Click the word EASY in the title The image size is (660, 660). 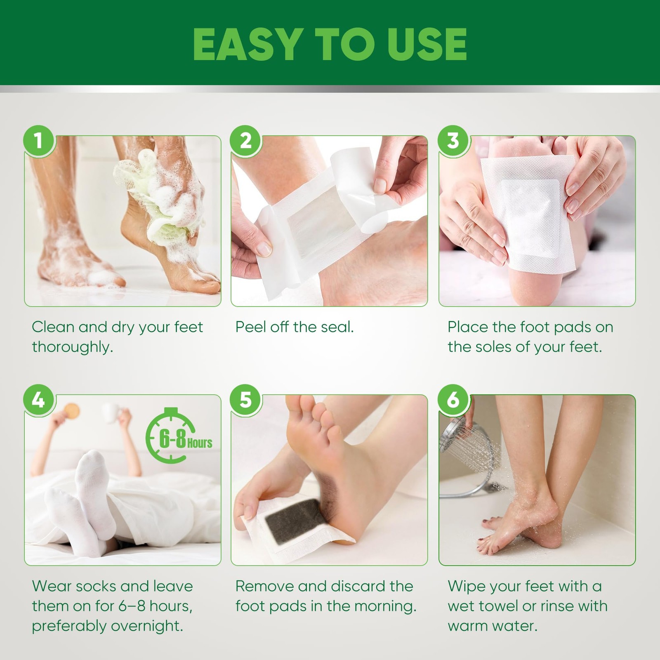(x=246, y=44)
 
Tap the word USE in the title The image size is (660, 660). (x=425, y=44)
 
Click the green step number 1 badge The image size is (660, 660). (x=39, y=140)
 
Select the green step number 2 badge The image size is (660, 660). (x=246, y=140)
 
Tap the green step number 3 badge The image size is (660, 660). (x=453, y=140)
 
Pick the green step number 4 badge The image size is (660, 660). (x=39, y=399)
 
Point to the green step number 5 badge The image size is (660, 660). (x=246, y=399)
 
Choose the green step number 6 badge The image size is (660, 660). (x=453, y=399)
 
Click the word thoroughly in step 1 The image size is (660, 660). (x=72, y=347)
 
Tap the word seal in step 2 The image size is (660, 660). (x=337, y=327)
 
